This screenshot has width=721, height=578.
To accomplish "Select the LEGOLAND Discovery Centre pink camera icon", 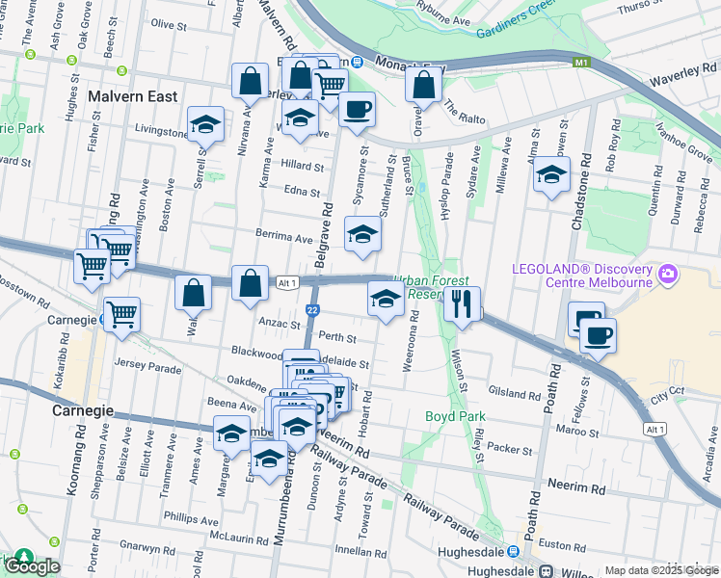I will coord(666,276).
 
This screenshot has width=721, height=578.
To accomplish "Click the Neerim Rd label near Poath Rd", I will coord(575,489).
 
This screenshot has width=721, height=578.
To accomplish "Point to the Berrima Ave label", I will coord(284,235).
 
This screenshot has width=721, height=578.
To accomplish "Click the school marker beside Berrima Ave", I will coord(361,236).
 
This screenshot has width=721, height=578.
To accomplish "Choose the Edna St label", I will coord(301,191).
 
